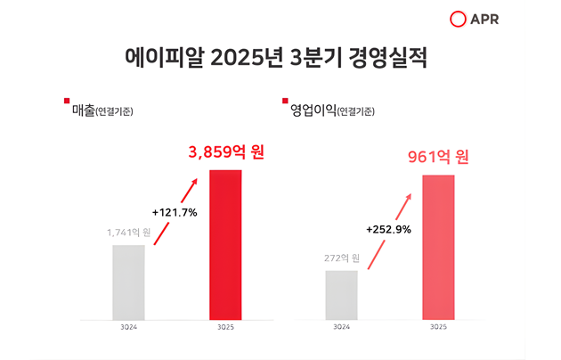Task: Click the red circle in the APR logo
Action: pyautogui.click(x=484, y=19)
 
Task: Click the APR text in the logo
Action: pyautogui.click(x=512, y=19)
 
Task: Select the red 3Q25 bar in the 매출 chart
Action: pyautogui.click(x=225, y=244)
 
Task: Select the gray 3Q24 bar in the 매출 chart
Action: pyautogui.click(x=128, y=282)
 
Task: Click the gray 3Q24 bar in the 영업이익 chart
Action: pyautogui.click(x=341, y=295)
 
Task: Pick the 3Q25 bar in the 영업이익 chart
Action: pyautogui.click(x=438, y=247)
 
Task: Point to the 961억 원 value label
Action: pyautogui.click(x=438, y=158)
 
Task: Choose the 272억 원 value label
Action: pyautogui.click(x=341, y=259)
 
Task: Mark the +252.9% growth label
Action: pyautogui.click(x=387, y=229)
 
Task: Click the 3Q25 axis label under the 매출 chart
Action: pyautogui.click(x=225, y=328)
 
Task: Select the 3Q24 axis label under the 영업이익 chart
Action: pyautogui.click(x=341, y=328)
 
